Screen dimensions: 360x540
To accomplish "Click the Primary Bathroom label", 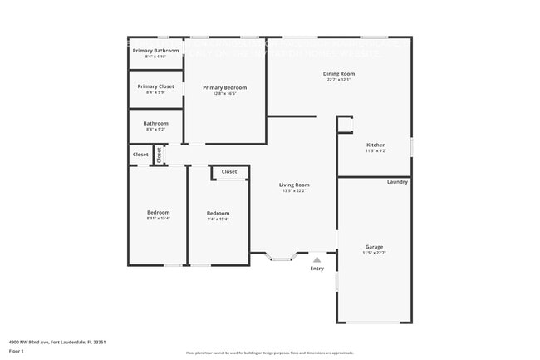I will pos(156,52).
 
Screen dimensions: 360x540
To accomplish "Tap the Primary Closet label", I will pos(156,86).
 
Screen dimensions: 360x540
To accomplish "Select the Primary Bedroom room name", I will pos(225,87).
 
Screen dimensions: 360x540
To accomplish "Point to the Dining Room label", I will pos(339,74).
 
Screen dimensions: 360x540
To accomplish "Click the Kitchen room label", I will pos(376,145).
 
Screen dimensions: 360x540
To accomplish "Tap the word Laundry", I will pos(397,181).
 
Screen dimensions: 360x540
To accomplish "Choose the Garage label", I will pos(375,246).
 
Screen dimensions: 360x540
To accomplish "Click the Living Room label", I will pos(294,185).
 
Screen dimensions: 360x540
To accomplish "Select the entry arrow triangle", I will pos(317,260).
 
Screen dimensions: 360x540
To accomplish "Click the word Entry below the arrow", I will pos(317,269).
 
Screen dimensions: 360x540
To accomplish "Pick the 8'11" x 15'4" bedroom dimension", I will pos(158,219).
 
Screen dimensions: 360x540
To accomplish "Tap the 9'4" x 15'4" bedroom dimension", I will pos(218,219).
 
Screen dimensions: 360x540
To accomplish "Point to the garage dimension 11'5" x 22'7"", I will pos(375,253).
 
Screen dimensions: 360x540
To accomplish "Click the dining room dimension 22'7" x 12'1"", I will pos(339,80).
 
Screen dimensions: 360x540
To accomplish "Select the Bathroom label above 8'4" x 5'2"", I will pos(155,124).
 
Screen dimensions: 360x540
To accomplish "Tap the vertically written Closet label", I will pos(160,155).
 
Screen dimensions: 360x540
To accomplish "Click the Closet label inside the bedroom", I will pos(229,172).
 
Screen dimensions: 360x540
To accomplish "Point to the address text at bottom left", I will pos(57,342).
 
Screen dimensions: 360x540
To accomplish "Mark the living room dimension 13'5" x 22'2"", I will pos(294,191).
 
